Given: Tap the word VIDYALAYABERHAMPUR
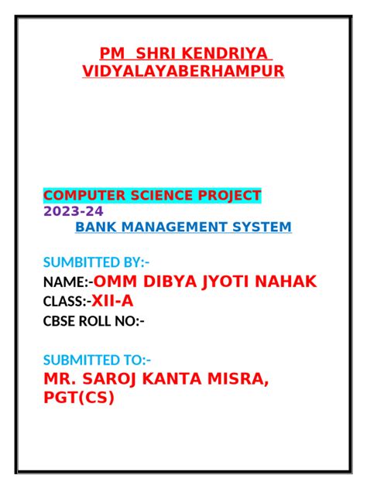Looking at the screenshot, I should point(183,71).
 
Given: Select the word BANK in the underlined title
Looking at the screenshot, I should point(95,227).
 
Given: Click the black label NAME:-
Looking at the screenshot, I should point(68,282).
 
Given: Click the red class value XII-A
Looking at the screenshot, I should point(112,301).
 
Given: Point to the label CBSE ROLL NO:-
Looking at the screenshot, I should point(94,321).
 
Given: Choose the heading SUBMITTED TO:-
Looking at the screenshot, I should point(97,359).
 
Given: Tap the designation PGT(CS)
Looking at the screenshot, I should point(78,398).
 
